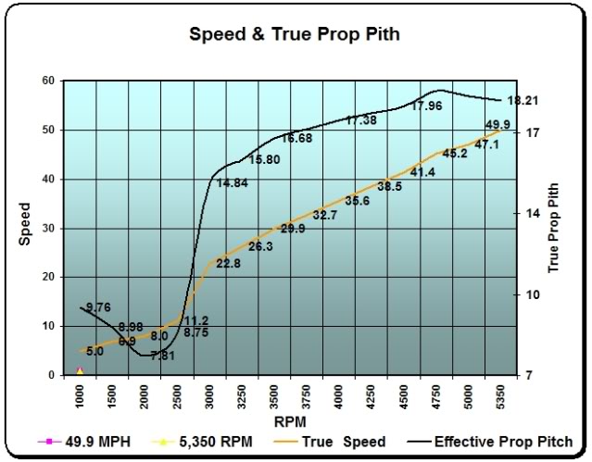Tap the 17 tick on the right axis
coord(531,132)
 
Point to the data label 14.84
coord(232,183)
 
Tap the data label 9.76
coord(98,307)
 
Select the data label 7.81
coord(163,355)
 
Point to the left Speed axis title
coord(24,228)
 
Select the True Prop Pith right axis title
coord(555,228)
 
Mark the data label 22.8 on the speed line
coord(228,264)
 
